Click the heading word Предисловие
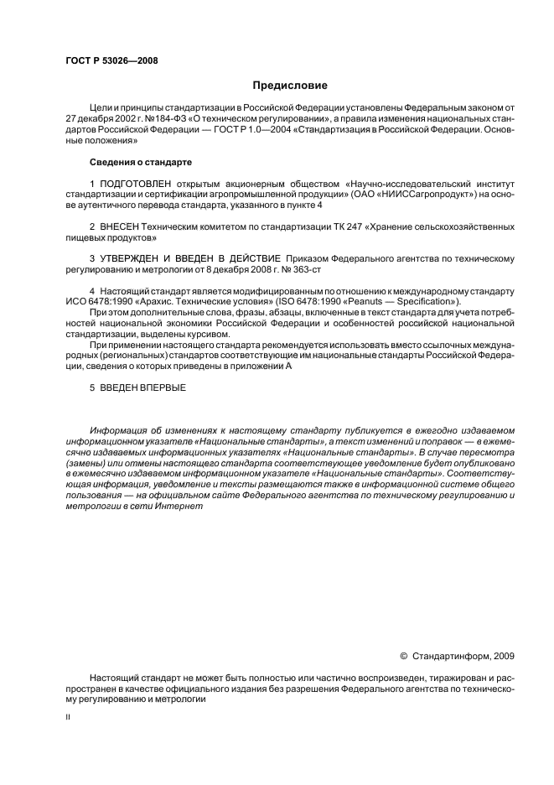tap(290, 86)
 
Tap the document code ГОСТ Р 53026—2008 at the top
tap(111, 60)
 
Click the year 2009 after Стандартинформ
tap(505, 656)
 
